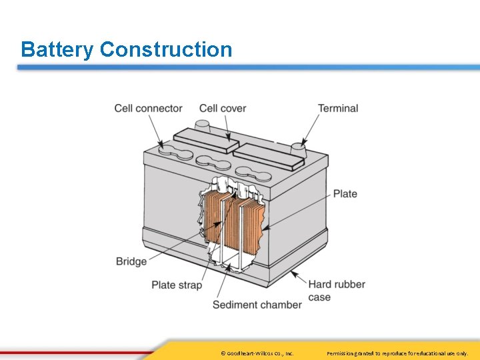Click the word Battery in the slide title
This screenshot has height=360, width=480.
pyautogui.click(x=57, y=49)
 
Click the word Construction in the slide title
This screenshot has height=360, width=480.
pyautogui.click(x=166, y=49)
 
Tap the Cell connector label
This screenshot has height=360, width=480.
pyautogui.click(x=148, y=108)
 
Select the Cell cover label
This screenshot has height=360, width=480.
pyautogui.click(x=223, y=108)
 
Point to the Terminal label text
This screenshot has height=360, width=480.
pyautogui.click(x=338, y=108)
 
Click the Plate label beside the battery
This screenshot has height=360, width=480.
pyautogui.click(x=345, y=193)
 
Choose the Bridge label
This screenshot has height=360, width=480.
pyautogui.click(x=131, y=261)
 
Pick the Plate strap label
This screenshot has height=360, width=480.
pyautogui.click(x=177, y=285)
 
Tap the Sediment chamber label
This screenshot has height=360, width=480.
pyautogui.click(x=257, y=305)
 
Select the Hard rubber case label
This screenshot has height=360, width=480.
pyautogui.click(x=337, y=291)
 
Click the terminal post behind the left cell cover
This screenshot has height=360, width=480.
pyautogui.click(x=202, y=125)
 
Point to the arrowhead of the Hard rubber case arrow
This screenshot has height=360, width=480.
pyautogui.click(x=293, y=272)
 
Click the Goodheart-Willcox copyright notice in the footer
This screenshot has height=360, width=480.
pyautogui.click(x=257, y=353)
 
